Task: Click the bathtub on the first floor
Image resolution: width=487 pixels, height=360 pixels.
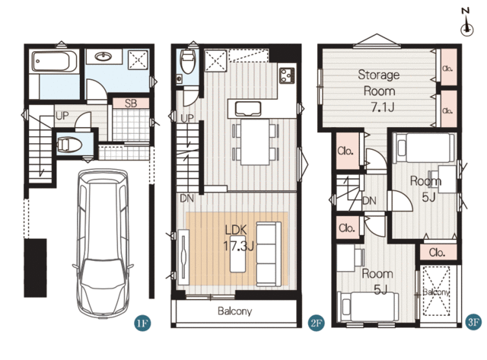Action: tap(55, 62)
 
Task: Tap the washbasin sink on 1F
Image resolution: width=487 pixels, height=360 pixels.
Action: tap(103, 56)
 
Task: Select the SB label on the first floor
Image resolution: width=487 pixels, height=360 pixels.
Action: tap(131, 104)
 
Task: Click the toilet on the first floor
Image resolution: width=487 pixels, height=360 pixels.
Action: tap(69, 145)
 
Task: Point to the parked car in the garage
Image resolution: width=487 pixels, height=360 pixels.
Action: tap(103, 244)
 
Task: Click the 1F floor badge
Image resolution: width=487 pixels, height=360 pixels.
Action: tap(142, 323)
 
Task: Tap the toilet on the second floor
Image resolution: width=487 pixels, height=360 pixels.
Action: tap(188, 61)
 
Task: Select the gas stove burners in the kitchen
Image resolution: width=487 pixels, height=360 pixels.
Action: tap(287, 75)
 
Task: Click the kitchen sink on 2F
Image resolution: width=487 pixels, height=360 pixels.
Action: tap(248, 109)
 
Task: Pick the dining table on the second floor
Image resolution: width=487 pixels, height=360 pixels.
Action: tap(255, 142)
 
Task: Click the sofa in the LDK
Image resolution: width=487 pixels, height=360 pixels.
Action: tap(269, 254)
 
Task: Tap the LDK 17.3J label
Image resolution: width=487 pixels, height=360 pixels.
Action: tap(238, 238)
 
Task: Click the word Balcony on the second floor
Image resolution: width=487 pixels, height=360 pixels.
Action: tap(235, 311)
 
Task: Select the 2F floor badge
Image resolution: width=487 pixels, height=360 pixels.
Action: tap(316, 323)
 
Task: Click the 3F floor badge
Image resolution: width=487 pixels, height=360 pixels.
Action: tap(473, 322)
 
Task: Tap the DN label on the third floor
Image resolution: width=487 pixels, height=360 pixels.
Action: tap(369, 201)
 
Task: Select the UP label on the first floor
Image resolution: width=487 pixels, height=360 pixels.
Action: tap(62, 116)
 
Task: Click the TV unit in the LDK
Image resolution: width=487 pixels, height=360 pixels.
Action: tap(184, 257)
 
